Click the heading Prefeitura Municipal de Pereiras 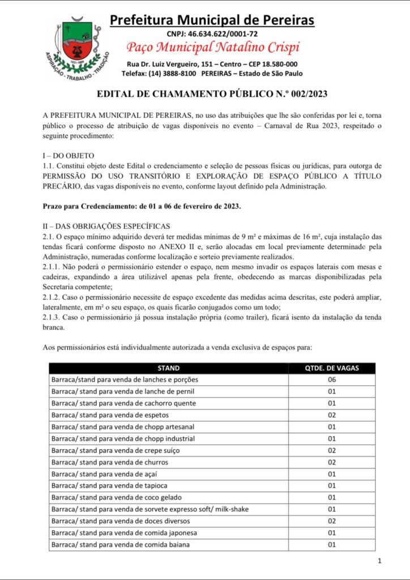212,20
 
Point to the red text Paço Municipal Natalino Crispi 213,47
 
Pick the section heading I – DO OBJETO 69,156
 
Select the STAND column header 168,368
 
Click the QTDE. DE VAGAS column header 332,368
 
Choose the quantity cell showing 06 332,379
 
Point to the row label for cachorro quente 123,403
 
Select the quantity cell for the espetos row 332,415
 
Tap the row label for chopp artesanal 123,427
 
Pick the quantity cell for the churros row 332,462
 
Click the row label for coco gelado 116,497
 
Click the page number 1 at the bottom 379,561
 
